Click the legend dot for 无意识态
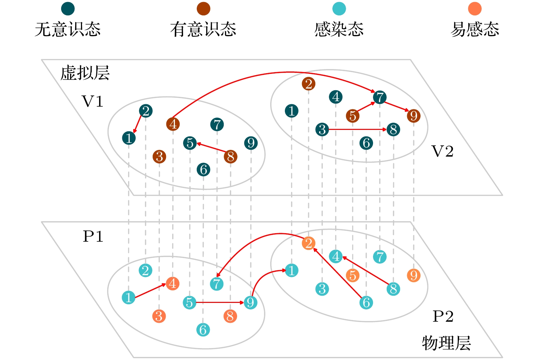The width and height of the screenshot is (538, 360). [68, 9]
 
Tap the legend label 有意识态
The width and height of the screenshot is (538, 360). [203, 29]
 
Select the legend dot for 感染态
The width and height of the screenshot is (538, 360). [339, 9]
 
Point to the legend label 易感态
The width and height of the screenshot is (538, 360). [474, 29]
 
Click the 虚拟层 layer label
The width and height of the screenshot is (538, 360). [85, 73]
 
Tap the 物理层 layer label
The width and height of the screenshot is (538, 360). [446, 343]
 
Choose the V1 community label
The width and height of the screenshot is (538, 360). [93, 102]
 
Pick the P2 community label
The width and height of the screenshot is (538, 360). [443, 316]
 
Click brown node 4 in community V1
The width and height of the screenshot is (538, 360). [173, 124]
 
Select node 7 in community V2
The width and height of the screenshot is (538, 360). [380, 97]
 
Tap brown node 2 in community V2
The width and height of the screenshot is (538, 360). [308, 84]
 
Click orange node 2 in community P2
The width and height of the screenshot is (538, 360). [308, 243]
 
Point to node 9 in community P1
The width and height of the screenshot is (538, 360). [250, 303]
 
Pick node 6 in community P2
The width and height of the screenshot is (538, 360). [366, 303]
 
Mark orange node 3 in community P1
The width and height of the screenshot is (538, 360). [159, 316]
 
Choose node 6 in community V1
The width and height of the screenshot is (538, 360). [203, 170]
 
